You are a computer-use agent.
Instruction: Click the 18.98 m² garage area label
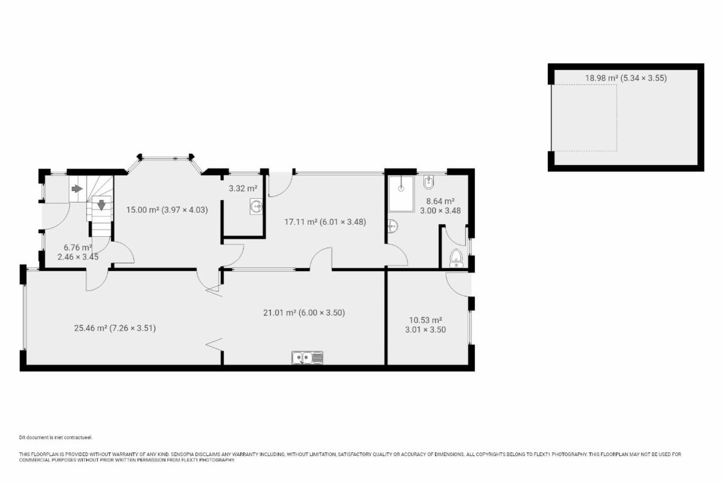coord(626,78)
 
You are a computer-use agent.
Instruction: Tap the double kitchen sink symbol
coord(307,358)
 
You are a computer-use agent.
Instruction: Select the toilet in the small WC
coord(456,258)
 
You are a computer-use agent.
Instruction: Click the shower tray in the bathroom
coord(401,194)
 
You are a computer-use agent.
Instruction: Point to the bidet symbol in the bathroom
coord(428,182)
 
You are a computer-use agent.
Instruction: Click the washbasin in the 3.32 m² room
coord(256,206)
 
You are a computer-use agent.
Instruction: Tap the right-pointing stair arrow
coord(77,188)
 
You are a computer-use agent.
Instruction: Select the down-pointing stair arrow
coord(101,205)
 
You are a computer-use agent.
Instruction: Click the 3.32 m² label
coord(243,189)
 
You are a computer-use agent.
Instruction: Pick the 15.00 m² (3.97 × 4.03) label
coord(167,210)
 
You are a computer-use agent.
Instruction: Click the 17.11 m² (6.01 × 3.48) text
coord(325,222)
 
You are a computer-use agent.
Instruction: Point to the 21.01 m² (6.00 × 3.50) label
coord(304,313)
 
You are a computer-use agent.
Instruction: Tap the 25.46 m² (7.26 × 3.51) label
coord(115,328)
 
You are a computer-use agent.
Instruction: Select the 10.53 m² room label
coord(426,320)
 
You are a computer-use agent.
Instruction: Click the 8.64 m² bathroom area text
coord(440,201)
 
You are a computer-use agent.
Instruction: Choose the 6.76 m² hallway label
coord(78,248)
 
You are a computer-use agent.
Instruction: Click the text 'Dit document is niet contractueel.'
coord(56,437)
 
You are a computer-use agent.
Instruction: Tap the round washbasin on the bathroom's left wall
coord(392,226)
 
